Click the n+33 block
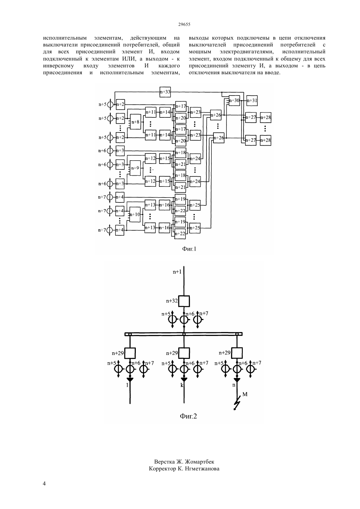[165, 92]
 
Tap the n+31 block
[252, 101]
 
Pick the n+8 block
[135, 122]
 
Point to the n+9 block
[135, 168]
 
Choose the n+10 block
[135, 214]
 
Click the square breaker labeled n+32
[184, 301]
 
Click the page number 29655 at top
[184, 24]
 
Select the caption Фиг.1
[189, 249]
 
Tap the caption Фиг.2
[189, 416]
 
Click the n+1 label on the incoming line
[177, 272]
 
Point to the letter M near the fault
[245, 394]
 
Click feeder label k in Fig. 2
[182, 385]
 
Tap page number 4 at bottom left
[44, 483]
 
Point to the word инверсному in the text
[58, 66]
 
